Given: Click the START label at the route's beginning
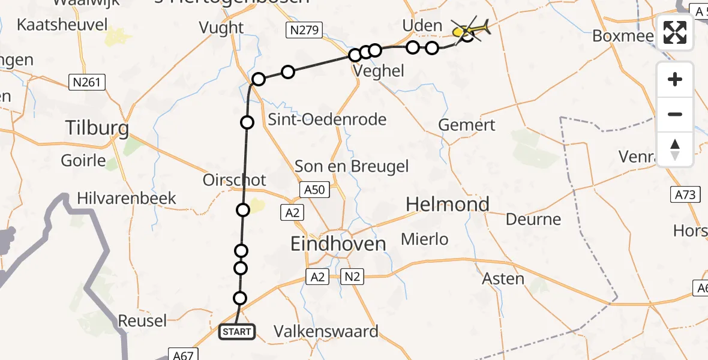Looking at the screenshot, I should click(237, 331).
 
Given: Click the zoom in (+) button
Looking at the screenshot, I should click(675, 79).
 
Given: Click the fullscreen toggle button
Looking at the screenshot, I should click(675, 32).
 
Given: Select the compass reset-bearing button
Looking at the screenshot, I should click(675, 149).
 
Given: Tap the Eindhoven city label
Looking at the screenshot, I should click(338, 244).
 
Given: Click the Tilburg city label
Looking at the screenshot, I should click(97, 128).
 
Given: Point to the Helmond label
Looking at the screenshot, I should click(448, 205).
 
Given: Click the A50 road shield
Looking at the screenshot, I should click(314, 190).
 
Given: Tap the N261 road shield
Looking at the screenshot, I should click(87, 83).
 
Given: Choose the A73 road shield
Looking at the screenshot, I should click(685, 194).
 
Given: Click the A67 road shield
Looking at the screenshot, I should click(181, 355).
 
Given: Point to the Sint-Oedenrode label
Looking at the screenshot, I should click(327, 119).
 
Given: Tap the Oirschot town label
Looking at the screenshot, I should click(235, 180).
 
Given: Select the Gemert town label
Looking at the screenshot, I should click(467, 125).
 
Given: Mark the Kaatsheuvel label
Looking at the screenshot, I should click(63, 25).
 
